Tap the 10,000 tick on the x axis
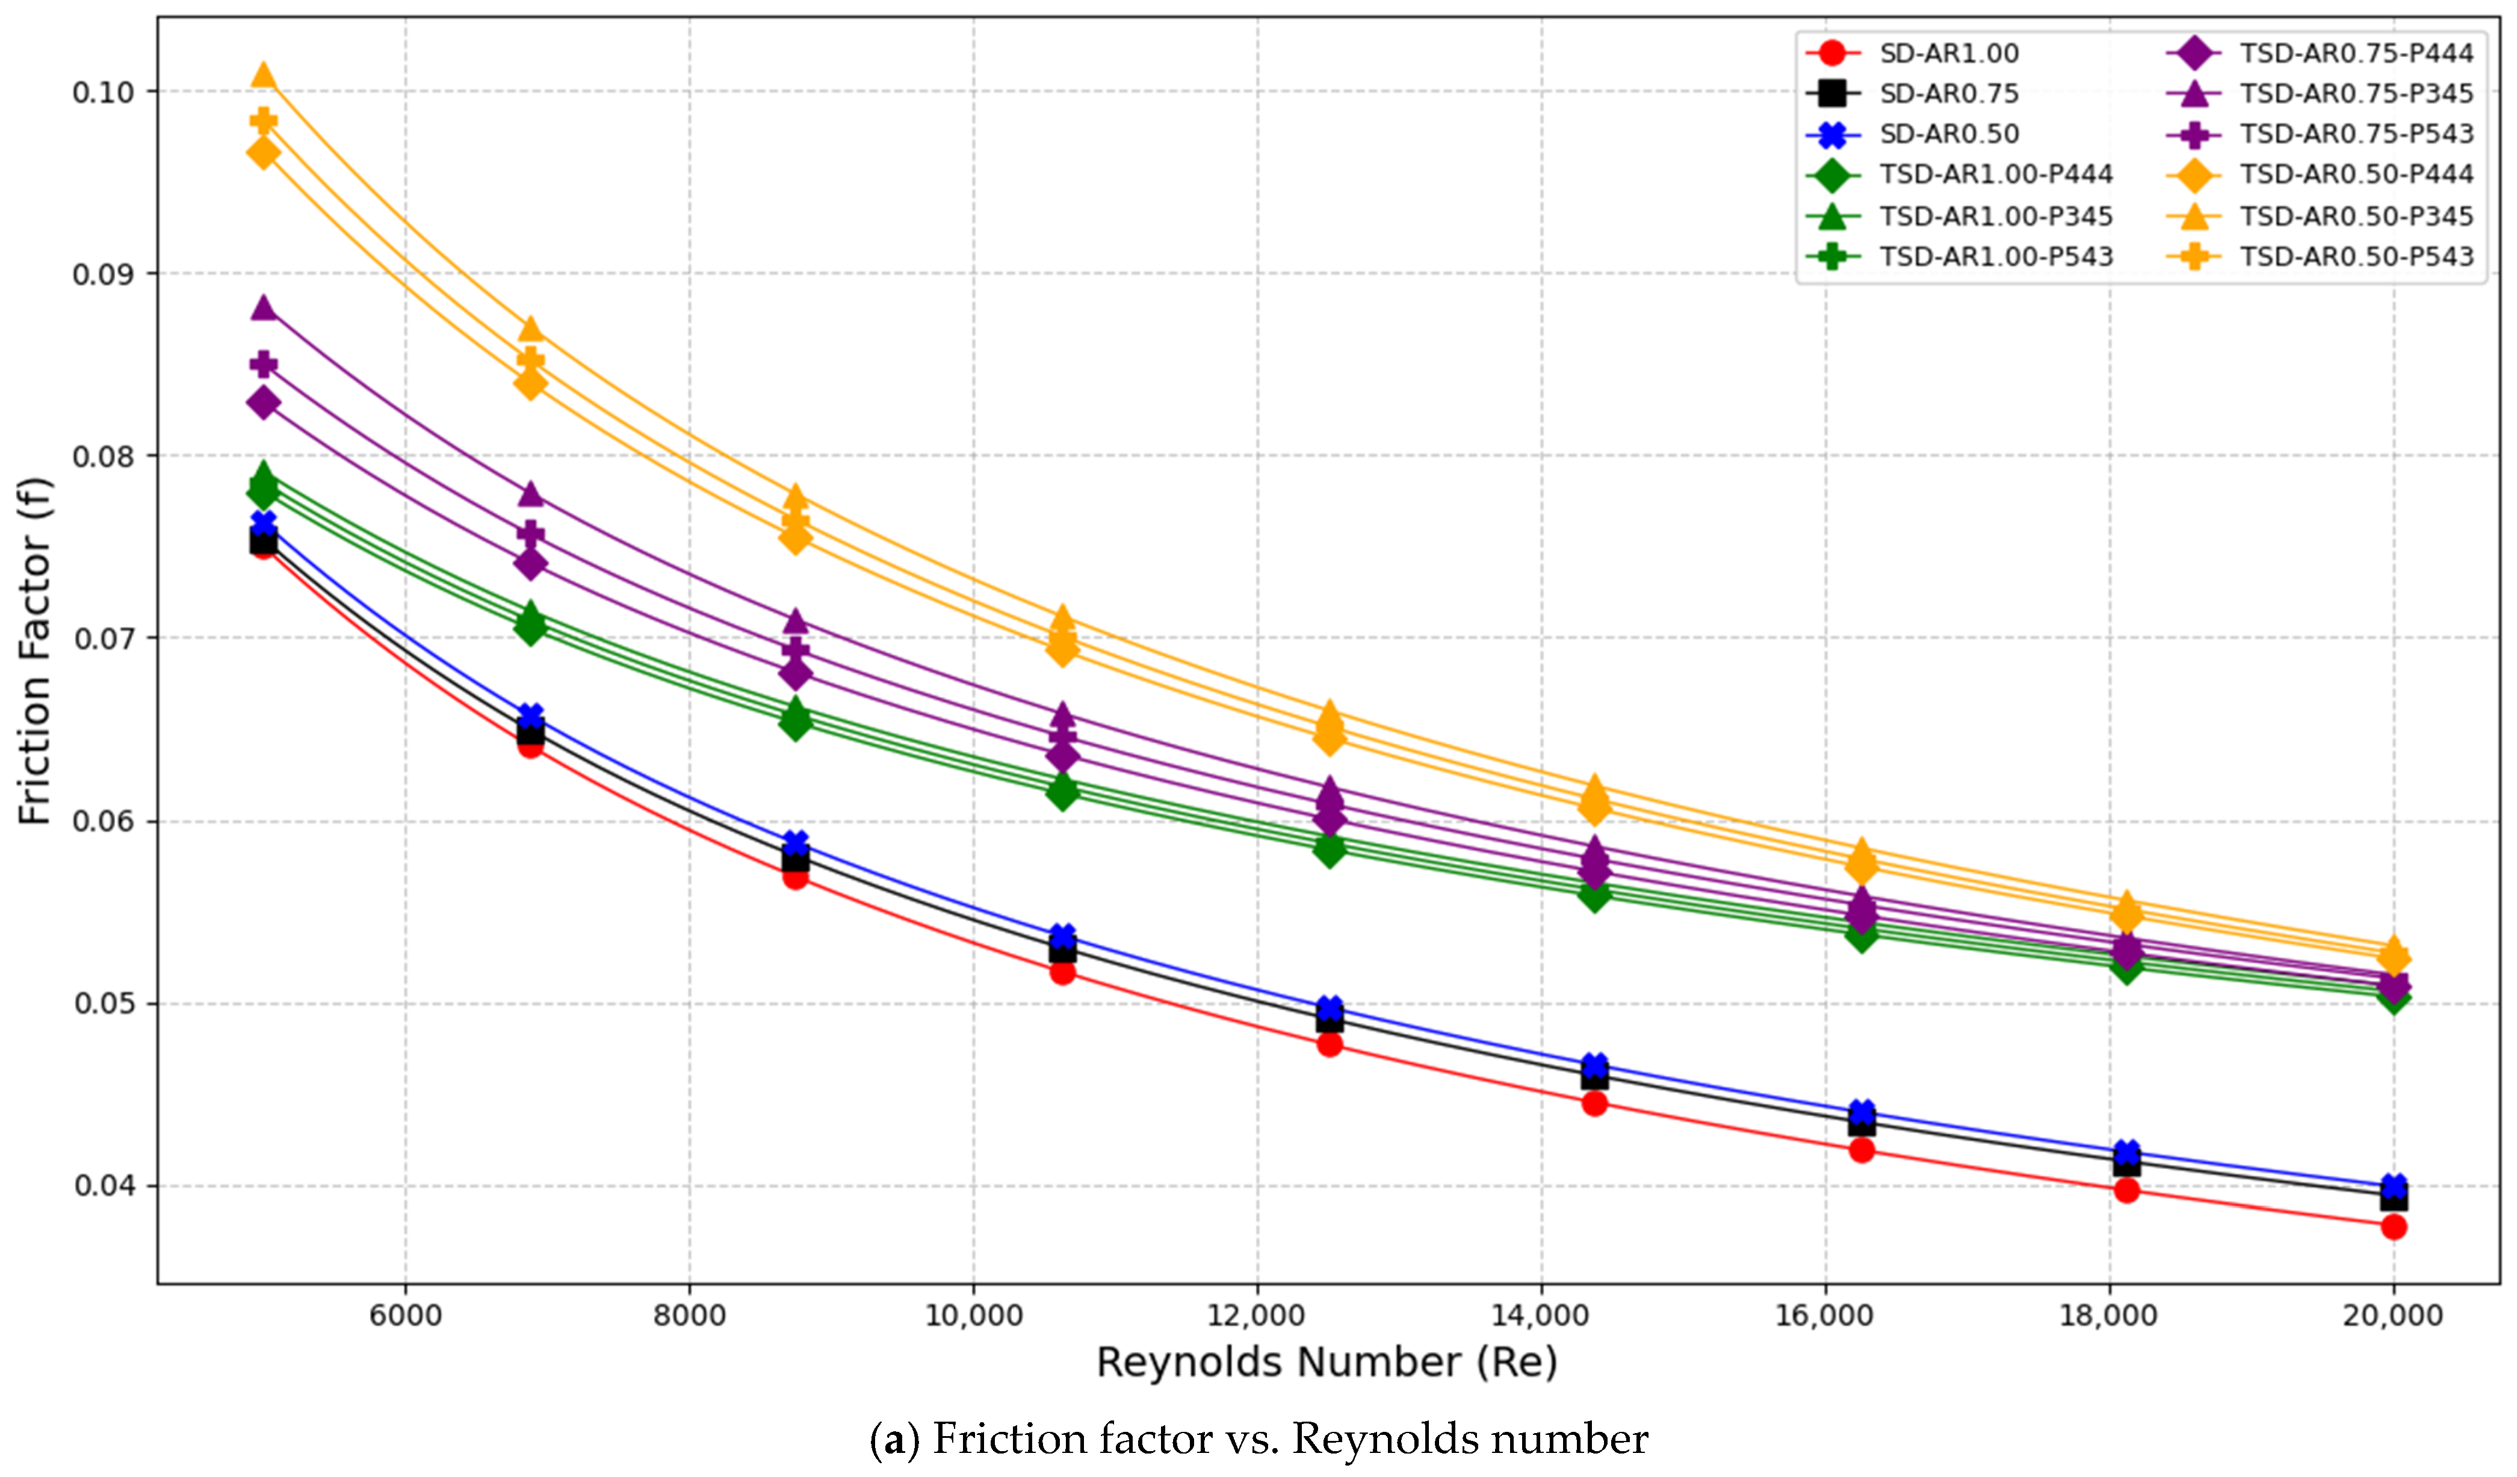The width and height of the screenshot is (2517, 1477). [974, 1315]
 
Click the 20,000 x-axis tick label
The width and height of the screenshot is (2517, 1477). [2393, 1315]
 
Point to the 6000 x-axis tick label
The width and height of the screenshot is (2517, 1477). [406, 1315]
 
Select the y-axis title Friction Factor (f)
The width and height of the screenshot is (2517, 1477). [35, 651]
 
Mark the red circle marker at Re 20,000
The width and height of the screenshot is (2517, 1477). [2393, 1226]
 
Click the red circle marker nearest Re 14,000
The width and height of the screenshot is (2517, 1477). [1595, 1103]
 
